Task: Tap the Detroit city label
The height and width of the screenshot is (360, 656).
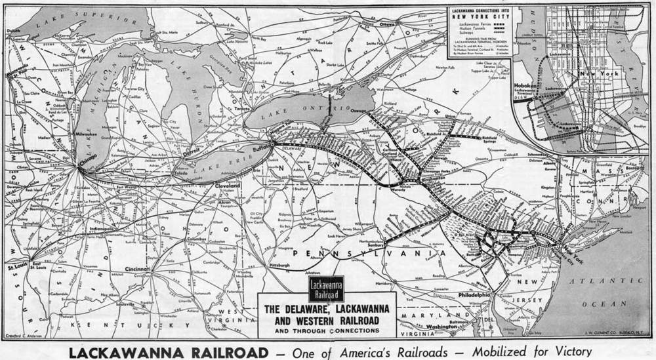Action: [192, 150]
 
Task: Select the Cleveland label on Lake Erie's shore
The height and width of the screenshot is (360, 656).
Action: [228, 185]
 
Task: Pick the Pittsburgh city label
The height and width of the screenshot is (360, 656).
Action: [279, 266]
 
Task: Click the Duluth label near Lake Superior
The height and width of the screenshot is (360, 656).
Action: [13, 30]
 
